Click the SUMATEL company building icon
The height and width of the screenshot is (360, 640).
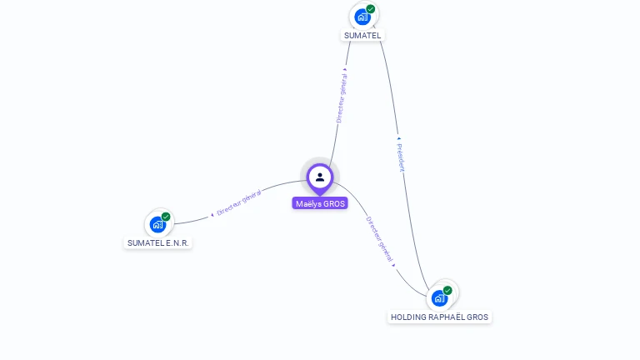(x=362, y=17)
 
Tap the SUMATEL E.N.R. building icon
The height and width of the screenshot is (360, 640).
(x=157, y=224)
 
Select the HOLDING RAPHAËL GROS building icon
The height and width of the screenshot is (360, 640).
(x=439, y=297)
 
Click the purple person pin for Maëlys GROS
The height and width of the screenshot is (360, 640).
(x=319, y=177)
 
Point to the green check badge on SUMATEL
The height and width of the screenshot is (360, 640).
(x=371, y=9)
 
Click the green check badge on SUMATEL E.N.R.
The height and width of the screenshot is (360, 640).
(x=166, y=217)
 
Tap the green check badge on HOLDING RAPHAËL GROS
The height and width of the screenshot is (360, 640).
(x=447, y=290)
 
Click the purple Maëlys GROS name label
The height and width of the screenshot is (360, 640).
(x=320, y=203)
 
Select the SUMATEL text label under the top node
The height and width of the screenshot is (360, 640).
(x=362, y=36)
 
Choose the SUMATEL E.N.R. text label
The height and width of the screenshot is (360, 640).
(x=158, y=243)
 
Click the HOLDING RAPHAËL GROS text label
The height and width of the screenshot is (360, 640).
(x=440, y=317)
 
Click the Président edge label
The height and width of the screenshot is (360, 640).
(x=400, y=157)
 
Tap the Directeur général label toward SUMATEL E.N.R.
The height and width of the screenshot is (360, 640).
(x=239, y=203)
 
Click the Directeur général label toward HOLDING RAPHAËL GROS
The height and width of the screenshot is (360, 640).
(x=378, y=239)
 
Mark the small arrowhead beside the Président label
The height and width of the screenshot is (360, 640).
(x=398, y=137)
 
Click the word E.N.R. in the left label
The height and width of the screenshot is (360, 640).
(x=177, y=243)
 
